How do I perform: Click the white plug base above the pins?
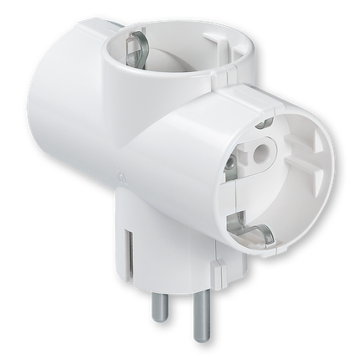tap(172, 268)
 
